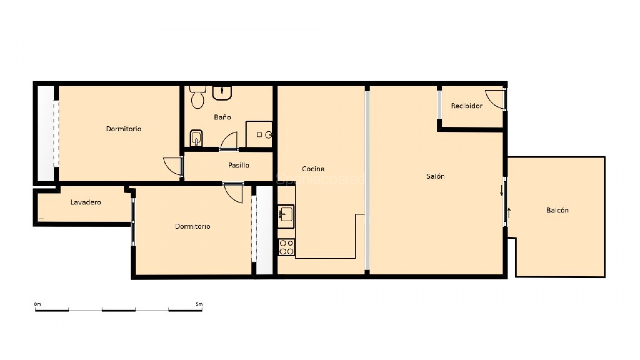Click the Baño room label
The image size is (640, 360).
click(222, 117)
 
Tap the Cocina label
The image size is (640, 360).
click(313, 169)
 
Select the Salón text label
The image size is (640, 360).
click(435, 176)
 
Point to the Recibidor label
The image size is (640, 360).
click(467, 106)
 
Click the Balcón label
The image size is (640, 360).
click(557, 210)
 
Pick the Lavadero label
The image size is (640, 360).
click(86, 202)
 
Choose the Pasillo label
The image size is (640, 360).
click(239, 165)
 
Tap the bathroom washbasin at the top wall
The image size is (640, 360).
click(222, 93)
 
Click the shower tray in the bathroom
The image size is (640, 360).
click(259, 134)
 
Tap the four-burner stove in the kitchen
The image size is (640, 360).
click(286, 247)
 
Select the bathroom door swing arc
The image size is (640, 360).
click(229, 141)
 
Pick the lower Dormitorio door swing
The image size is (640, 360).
click(233, 193)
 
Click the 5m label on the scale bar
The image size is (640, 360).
click(199, 304)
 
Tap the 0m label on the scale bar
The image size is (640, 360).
click(37, 304)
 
